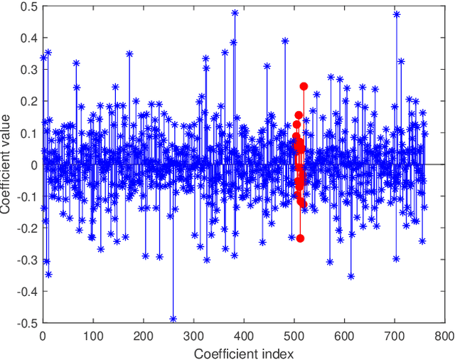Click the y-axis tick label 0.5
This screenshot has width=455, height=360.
[28, 7]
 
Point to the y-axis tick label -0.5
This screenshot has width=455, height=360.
[26, 322]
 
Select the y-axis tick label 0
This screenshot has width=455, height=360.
[33, 165]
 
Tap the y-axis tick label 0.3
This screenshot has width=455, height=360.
[28, 70]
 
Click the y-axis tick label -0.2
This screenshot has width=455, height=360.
[26, 228]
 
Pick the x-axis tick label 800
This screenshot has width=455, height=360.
[444, 335]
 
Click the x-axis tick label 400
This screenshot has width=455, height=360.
[244, 335]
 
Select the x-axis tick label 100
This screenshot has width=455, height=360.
[92, 335]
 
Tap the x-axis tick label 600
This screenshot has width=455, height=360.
[344, 335]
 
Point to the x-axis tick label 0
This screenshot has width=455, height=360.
[43, 335]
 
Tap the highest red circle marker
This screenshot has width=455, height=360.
[304, 86]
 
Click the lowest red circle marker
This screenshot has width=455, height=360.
[300, 238]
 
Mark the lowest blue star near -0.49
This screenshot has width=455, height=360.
[173, 319]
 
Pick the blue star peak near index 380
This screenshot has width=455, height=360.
[235, 13]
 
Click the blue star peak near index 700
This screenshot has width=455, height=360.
[397, 14]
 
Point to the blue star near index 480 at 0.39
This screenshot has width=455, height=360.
[285, 41]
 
